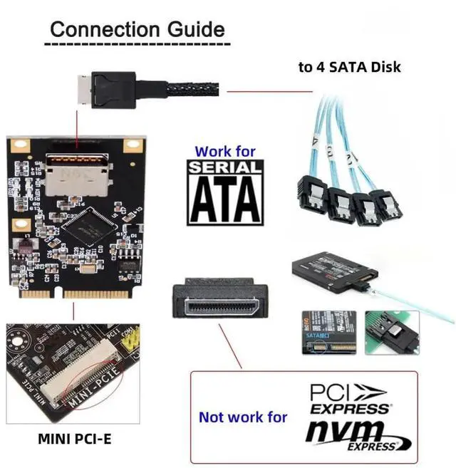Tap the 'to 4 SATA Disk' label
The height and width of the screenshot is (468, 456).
(x=349, y=67)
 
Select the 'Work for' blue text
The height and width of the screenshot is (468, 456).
(x=224, y=151)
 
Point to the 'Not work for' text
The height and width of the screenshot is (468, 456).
(x=243, y=417)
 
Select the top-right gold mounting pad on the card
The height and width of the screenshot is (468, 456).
(x=130, y=145)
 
